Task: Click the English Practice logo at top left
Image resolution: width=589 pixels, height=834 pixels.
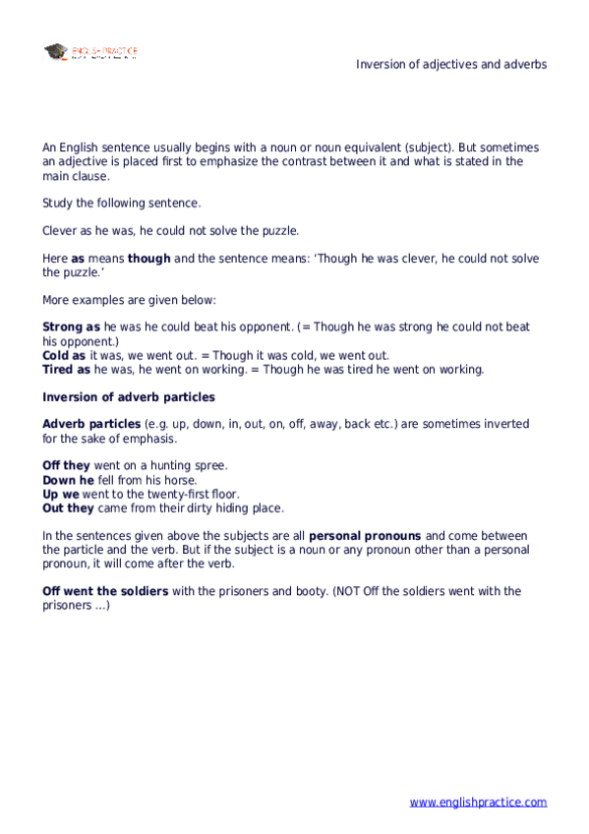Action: coord(90,51)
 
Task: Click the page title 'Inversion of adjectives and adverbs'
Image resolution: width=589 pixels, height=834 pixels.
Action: coord(451,64)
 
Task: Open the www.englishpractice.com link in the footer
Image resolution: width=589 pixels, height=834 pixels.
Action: coord(478,803)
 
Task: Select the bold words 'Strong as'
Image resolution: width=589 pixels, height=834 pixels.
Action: coord(71,327)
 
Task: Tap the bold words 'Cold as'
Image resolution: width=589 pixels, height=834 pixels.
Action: coord(64,355)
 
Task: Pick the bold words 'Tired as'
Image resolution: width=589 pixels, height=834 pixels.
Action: coord(66,370)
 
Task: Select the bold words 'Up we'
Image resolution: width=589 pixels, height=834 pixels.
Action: coord(62,494)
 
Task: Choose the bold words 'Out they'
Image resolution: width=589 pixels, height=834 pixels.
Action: coord(68,508)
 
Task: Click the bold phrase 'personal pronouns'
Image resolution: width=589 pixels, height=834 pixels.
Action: coord(366,536)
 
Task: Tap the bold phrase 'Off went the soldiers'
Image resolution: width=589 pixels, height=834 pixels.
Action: coord(105,591)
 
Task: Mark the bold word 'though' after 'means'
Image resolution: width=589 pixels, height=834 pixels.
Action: coord(149,259)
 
